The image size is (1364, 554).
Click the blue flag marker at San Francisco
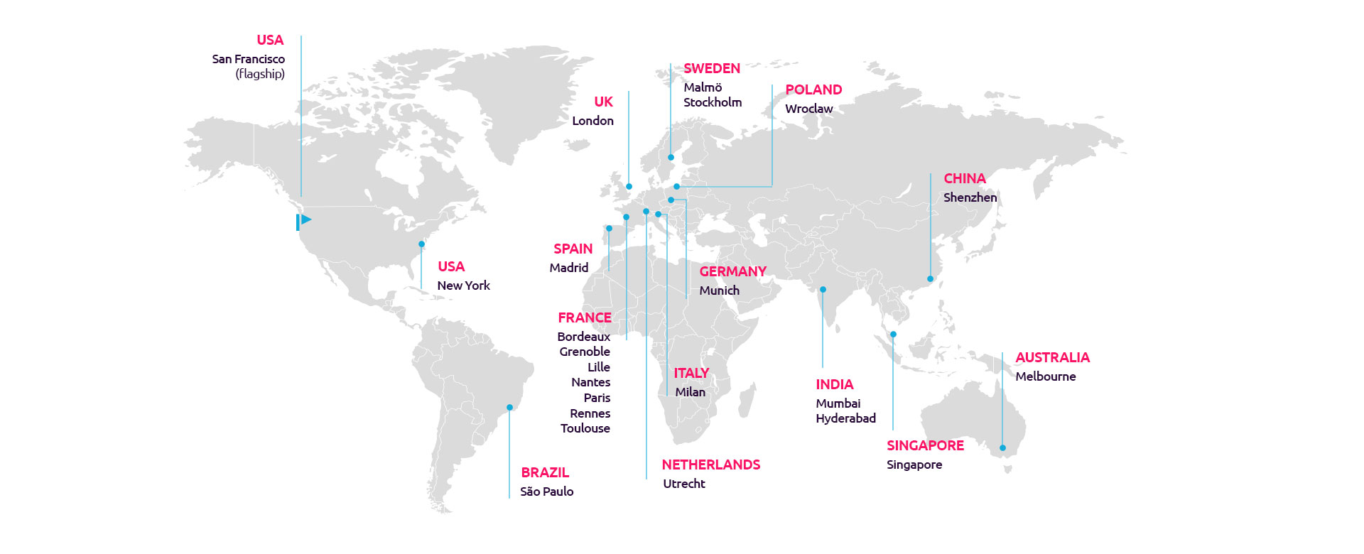(x=304, y=221)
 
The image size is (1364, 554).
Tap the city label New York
(x=463, y=286)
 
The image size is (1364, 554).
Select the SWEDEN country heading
(x=712, y=68)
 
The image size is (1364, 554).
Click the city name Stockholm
(x=713, y=102)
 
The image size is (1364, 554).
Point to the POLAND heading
(x=813, y=89)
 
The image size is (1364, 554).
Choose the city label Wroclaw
(x=808, y=109)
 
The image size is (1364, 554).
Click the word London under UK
(x=592, y=121)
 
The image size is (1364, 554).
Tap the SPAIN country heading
(x=573, y=249)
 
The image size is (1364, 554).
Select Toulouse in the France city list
(x=585, y=428)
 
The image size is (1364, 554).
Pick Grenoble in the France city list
(x=584, y=352)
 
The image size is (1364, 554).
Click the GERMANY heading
(x=732, y=271)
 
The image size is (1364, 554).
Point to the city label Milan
(x=690, y=392)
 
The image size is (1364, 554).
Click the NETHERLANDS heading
(x=710, y=465)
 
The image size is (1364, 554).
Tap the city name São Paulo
(x=546, y=491)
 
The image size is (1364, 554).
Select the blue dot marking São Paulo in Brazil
(x=509, y=408)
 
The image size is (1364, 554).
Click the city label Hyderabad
(x=845, y=418)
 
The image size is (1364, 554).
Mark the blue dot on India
(x=823, y=290)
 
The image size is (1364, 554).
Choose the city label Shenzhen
(x=970, y=197)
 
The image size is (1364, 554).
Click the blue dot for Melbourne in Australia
(x=1002, y=448)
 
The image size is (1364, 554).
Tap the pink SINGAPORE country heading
(x=925, y=445)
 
